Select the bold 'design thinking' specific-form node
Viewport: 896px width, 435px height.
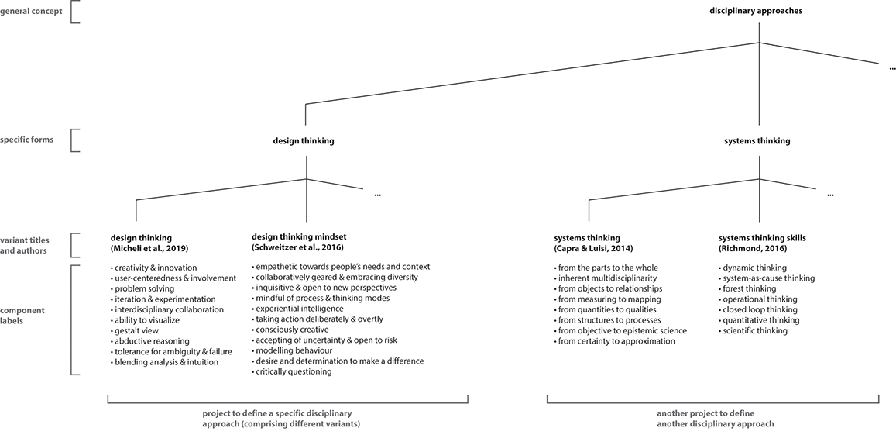tap(304, 141)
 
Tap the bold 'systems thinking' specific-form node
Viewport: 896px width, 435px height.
tap(757, 141)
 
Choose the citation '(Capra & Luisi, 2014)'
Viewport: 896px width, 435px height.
tap(593, 248)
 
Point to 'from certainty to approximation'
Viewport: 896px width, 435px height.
tap(616, 341)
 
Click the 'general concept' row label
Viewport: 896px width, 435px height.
tap(31, 11)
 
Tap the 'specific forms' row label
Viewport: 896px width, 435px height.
tap(28, 140)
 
